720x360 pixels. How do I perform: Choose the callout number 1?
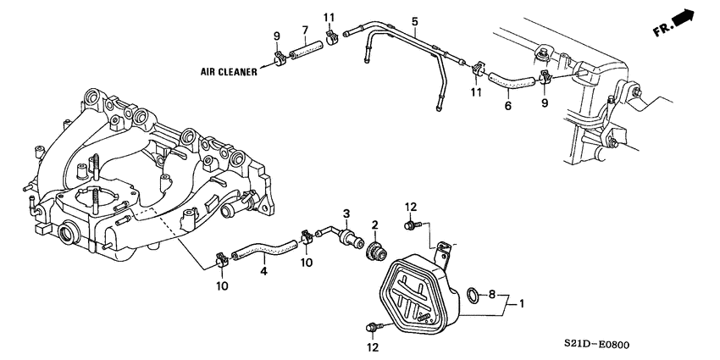[523, 302]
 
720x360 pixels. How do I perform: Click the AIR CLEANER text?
[228, 73]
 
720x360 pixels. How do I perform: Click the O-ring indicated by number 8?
[470, 296]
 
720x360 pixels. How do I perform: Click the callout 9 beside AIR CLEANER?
[276, 36]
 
